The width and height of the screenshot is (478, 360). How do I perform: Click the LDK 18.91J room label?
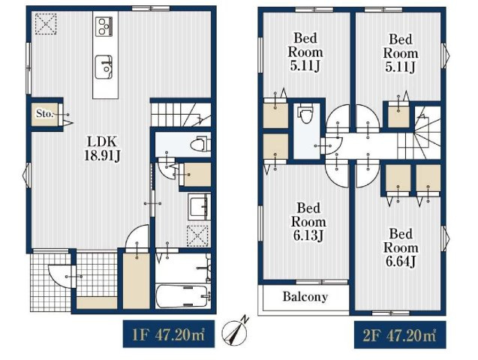(x=102, y=149)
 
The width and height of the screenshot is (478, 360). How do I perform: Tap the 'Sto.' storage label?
(x=44, y=113)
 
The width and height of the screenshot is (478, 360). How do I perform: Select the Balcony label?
(x=305, y=297)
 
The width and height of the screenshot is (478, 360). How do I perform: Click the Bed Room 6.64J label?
(x=401, y=247)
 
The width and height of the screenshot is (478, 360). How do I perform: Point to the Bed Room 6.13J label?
(x=308, y=221)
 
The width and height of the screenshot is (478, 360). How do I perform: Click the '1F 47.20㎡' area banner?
(x=169, y=334)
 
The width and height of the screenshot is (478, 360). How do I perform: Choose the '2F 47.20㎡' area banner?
(x=400, y=334)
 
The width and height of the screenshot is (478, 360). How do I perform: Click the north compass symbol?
(x=235, y=331)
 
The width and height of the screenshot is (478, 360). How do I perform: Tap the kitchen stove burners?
(x=104, y=26)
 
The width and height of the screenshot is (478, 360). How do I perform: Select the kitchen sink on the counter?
(x=104, y=67)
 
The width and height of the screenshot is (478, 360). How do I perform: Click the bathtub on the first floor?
(x=183, y=296)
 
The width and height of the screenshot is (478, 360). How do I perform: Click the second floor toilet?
(x=305, y=113)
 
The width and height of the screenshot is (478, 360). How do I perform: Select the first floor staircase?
(x=181, y=115)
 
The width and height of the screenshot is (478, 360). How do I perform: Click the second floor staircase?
(x=419, y=133)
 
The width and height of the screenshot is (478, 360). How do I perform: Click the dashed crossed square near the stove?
(x=46, y=24)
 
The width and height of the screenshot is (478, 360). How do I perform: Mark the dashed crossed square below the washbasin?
(x=198, y=235)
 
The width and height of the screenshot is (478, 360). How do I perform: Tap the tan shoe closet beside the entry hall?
(x=137, y=280)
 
